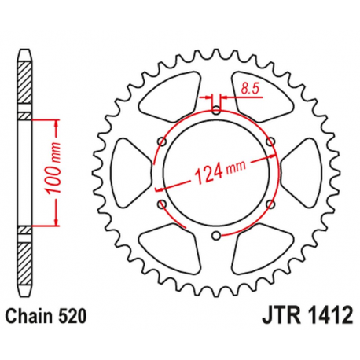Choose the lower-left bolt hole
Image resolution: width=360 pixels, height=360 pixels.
point(161,203)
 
